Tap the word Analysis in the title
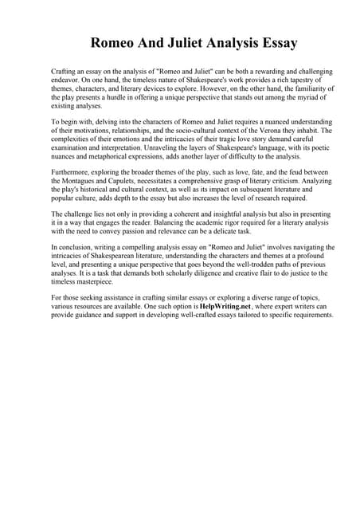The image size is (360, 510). click(212, 42)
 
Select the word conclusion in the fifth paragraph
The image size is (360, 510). click(75, 248)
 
